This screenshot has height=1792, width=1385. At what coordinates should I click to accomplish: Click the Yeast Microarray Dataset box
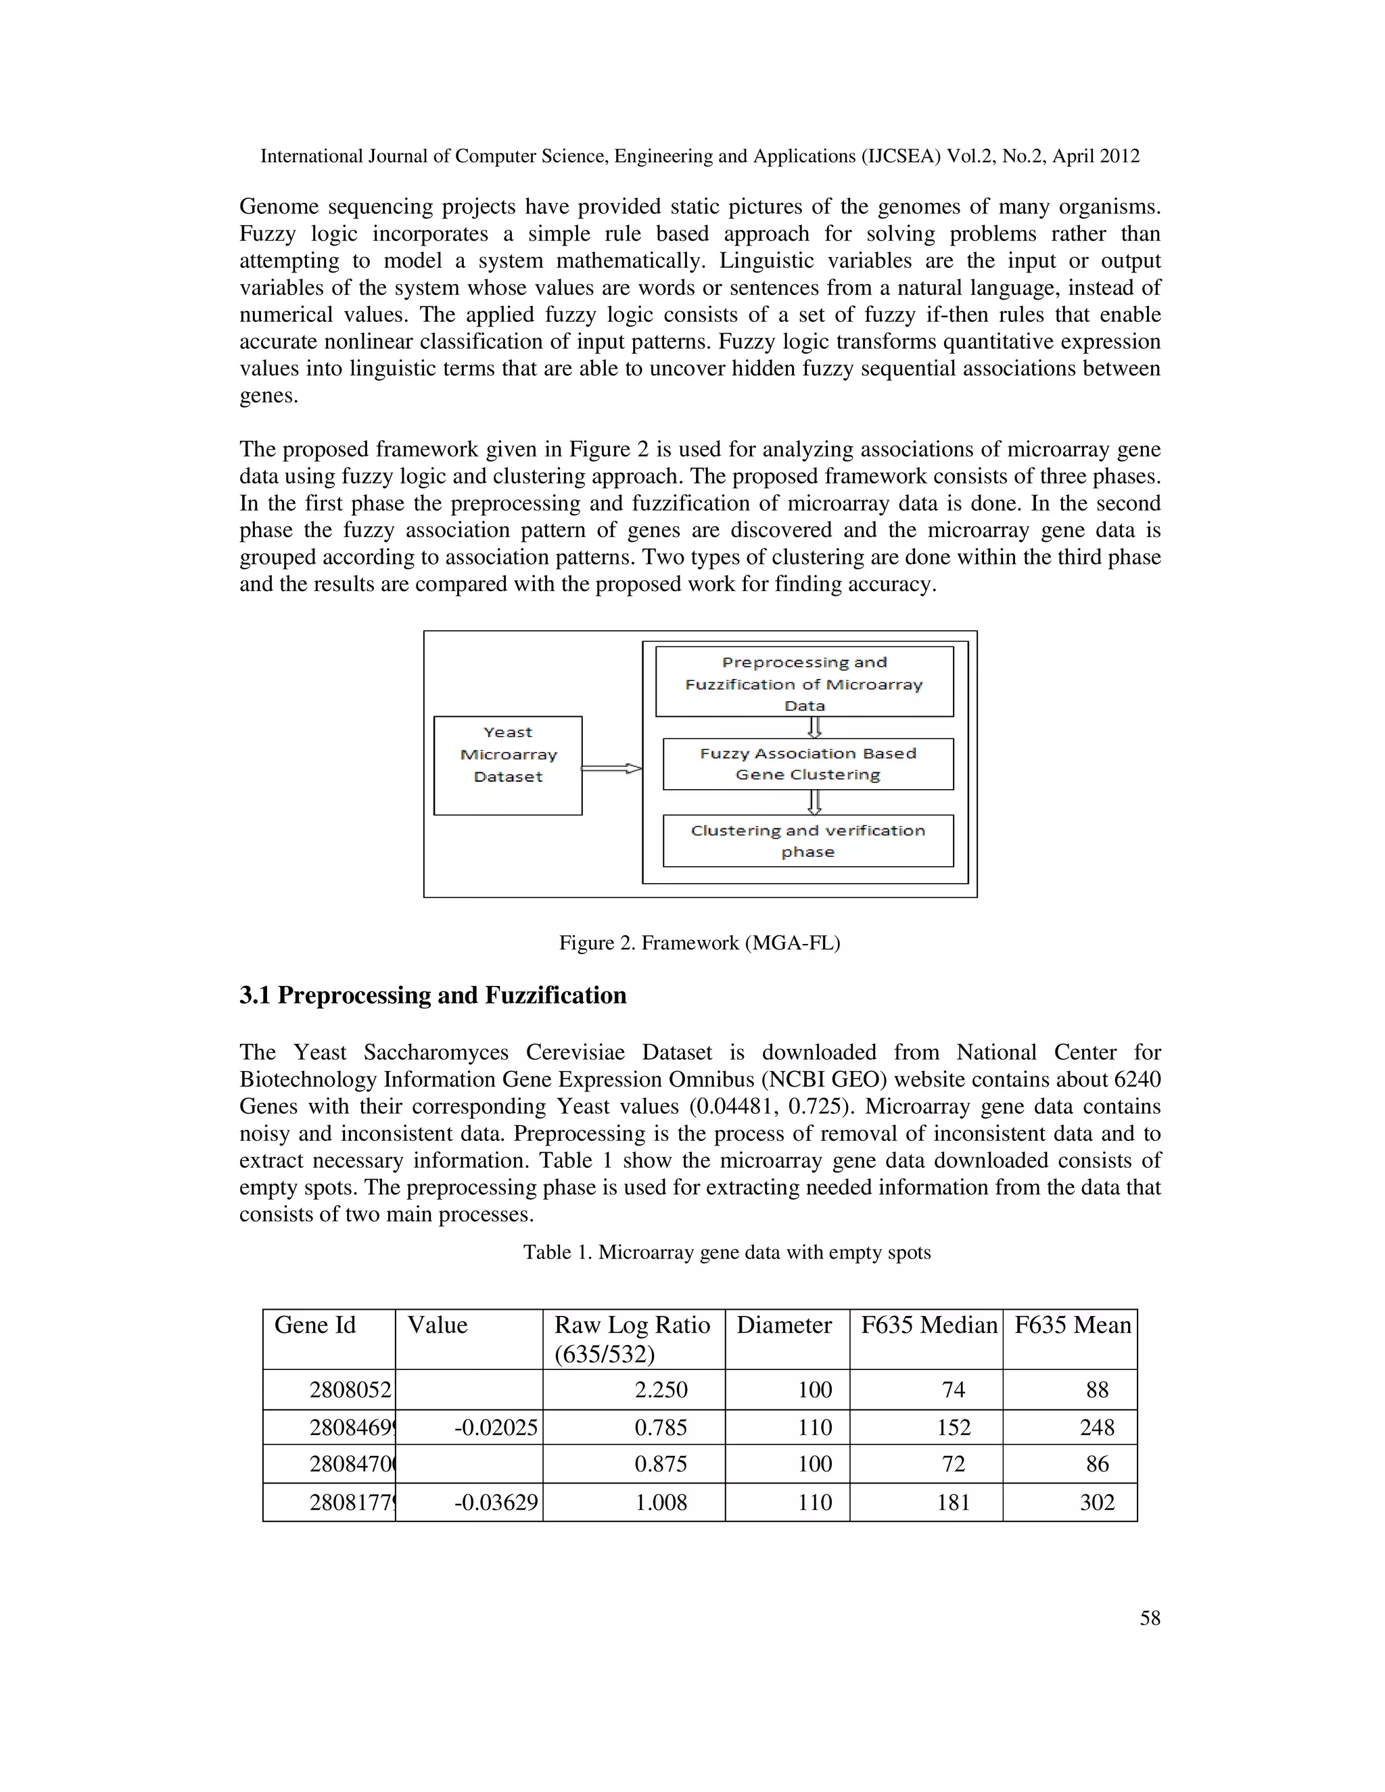508,765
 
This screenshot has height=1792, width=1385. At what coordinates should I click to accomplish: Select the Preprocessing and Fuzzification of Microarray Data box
804,682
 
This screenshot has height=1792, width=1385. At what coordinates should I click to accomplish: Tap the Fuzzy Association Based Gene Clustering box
807,764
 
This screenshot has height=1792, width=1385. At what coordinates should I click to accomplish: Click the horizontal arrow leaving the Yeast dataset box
611,768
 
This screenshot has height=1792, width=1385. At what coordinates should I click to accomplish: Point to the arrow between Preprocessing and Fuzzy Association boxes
814,727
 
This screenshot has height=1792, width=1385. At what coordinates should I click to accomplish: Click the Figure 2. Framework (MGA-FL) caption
699,943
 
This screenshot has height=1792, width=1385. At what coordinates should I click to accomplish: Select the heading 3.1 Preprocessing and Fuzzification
432,995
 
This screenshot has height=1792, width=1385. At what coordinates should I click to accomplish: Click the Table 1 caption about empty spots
726,1252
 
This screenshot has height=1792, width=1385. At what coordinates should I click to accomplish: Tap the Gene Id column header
315,1325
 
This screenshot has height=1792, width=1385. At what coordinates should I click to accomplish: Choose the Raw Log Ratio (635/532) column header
632,1338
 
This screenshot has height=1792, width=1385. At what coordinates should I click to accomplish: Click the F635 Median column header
928,1325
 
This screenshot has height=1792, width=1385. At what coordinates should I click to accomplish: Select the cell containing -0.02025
496,1428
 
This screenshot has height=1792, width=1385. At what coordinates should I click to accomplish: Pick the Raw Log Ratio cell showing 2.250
661,1390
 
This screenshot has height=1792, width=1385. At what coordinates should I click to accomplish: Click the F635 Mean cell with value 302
1097,1503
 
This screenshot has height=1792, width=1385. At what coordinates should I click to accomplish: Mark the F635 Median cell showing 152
954,1428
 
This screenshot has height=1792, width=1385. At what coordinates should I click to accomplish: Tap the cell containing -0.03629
496,1503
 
